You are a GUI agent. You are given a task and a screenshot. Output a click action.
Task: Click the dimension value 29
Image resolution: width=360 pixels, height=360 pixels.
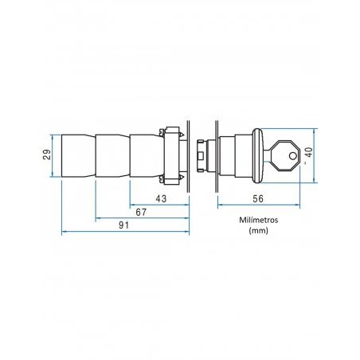(x=47, y=155)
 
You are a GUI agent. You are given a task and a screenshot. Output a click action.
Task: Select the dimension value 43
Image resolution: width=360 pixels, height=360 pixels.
(x=161, y=198)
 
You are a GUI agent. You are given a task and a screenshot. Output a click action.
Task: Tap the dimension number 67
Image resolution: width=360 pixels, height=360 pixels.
(x=141, y=212)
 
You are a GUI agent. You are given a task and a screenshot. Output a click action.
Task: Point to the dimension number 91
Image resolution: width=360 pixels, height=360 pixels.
(x=123, y=225)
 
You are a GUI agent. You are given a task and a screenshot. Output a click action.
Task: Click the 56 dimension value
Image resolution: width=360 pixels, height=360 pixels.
(x=258, y=198)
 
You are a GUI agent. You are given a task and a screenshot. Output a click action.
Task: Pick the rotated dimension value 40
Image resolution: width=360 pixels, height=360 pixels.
(x=309, y=152)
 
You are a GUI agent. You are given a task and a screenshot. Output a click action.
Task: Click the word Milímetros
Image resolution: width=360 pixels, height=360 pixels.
(x=259, y=220)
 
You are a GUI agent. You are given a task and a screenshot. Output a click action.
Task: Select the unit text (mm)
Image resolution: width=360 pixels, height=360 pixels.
(x=259, y=230)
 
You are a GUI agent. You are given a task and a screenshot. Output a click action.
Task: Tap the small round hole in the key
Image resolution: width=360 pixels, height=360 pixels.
(x=292, y=156)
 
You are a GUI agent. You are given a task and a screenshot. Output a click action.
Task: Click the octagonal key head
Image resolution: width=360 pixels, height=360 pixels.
(x=286, y=156)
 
